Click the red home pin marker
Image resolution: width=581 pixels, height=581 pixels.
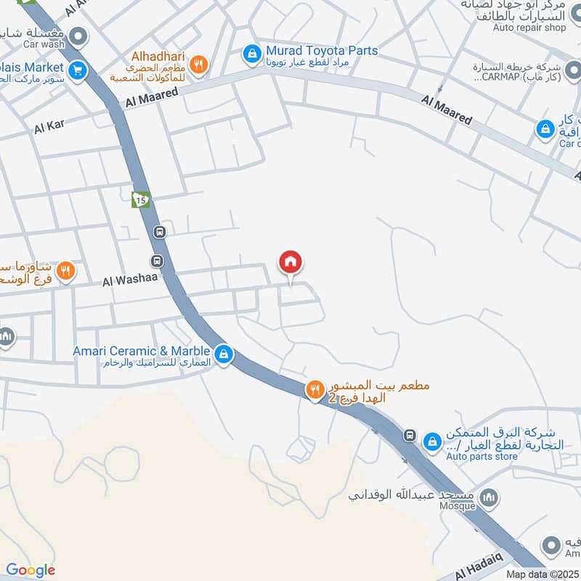(x=290, y=262)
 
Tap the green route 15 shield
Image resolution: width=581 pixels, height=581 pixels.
(x=140, y=199)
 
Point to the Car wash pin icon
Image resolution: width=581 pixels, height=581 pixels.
(x=79, y=34)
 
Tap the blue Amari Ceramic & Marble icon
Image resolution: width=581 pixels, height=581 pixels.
(x=224, y=354)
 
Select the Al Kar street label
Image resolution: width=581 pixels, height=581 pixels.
(x=49, y=126)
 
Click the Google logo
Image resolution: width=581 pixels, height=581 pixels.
(x=30, y=570)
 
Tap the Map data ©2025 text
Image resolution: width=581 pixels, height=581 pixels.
(x=541, y=574)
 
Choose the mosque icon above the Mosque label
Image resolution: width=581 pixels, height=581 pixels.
(x=490, y=497)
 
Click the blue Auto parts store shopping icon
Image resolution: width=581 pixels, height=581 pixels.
(x=433, y=441)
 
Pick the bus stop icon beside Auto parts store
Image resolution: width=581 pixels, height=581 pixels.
(x=410, y=435)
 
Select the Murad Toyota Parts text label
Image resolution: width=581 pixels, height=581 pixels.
(x=322, y=50)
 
